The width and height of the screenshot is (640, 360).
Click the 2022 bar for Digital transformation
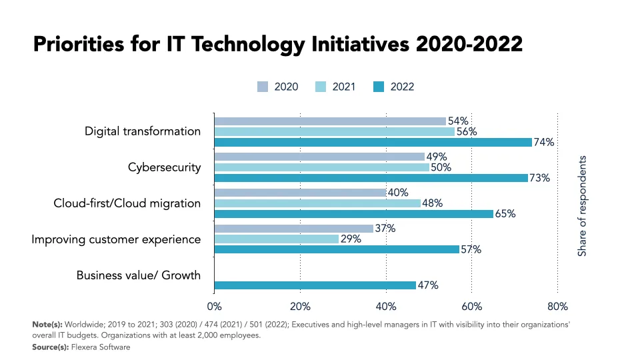coord(373,142)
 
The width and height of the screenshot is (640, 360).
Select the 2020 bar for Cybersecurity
coord(319,157)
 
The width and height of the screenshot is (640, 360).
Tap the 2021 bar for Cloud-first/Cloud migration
coord(317,203)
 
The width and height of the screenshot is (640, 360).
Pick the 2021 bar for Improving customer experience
coord(277,239)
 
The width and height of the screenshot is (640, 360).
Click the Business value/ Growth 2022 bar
coord(314,285)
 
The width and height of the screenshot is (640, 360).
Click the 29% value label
coord(351,239)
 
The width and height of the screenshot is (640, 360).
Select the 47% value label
coord(427,285)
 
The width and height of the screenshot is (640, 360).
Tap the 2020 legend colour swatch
coord(263,87)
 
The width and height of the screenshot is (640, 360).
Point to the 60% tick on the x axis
coord(471,307)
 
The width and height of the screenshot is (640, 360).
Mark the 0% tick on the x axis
coord(215,307)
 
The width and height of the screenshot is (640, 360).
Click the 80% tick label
coord(557,307)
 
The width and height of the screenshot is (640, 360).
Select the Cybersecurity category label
coord(164,167)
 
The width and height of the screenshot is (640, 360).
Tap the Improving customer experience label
coord(116,239)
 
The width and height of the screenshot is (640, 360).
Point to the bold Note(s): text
coord(47,324)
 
